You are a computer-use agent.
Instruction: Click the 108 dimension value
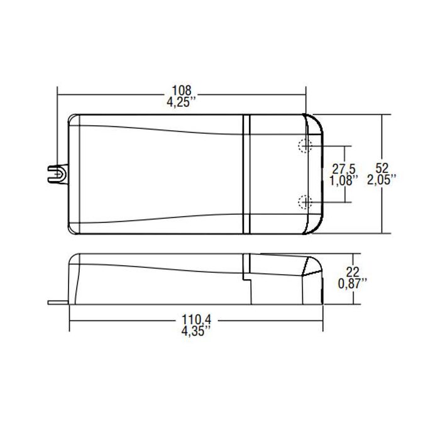[182, 89]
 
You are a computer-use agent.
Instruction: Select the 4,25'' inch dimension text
[182, 102]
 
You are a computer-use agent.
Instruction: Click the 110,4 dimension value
[196, 321]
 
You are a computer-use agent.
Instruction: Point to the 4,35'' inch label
[196, 334]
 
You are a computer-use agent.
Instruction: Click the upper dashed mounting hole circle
[305, 145]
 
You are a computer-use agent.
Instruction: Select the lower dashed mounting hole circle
[305, 202]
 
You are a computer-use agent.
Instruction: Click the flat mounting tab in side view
[58, 302]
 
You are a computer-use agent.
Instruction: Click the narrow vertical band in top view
[247, 173]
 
